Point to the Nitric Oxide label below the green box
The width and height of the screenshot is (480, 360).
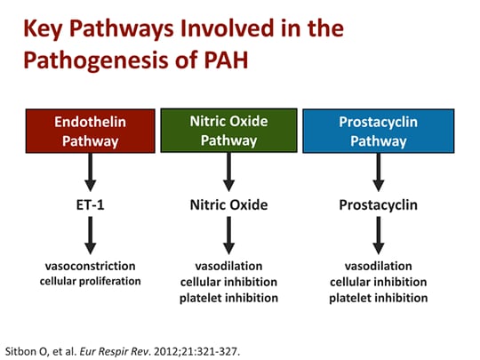click(x=229, y=204)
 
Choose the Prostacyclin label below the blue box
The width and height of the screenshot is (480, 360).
click(x=378, y=204)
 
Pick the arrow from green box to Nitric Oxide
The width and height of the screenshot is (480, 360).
click(x=229, y=172)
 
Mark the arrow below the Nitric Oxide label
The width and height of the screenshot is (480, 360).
click(x=229, y=236)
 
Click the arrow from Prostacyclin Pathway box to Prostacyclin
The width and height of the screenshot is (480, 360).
click(x=378, y=172)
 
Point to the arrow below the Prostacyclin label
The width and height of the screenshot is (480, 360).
click(x=378, y=236)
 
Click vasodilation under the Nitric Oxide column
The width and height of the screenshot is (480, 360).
click(x=229, y=267)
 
